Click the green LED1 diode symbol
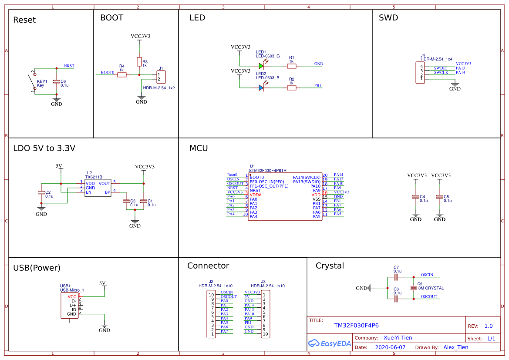tap(261, 66)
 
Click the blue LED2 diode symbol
tap(261, 87)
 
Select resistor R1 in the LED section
tap(291, 66)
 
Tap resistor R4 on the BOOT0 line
tap(121, 75)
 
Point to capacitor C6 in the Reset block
tap(56, 82)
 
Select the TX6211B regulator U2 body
tap(98, 188)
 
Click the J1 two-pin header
tap(161, 77)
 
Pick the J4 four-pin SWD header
tap(420, 73)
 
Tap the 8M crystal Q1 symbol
tap(414, 288)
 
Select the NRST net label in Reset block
tap(69, 66)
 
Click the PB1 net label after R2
tap(318, 85)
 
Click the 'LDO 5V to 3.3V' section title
tap(44, 148)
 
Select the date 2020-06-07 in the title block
tap(390, 347)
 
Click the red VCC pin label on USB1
tap(72, 296)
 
